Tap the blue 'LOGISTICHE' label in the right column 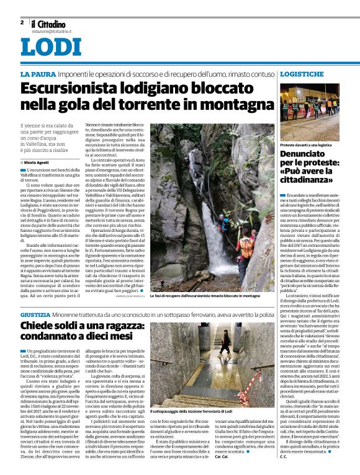302,74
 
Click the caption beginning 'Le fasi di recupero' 205,296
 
